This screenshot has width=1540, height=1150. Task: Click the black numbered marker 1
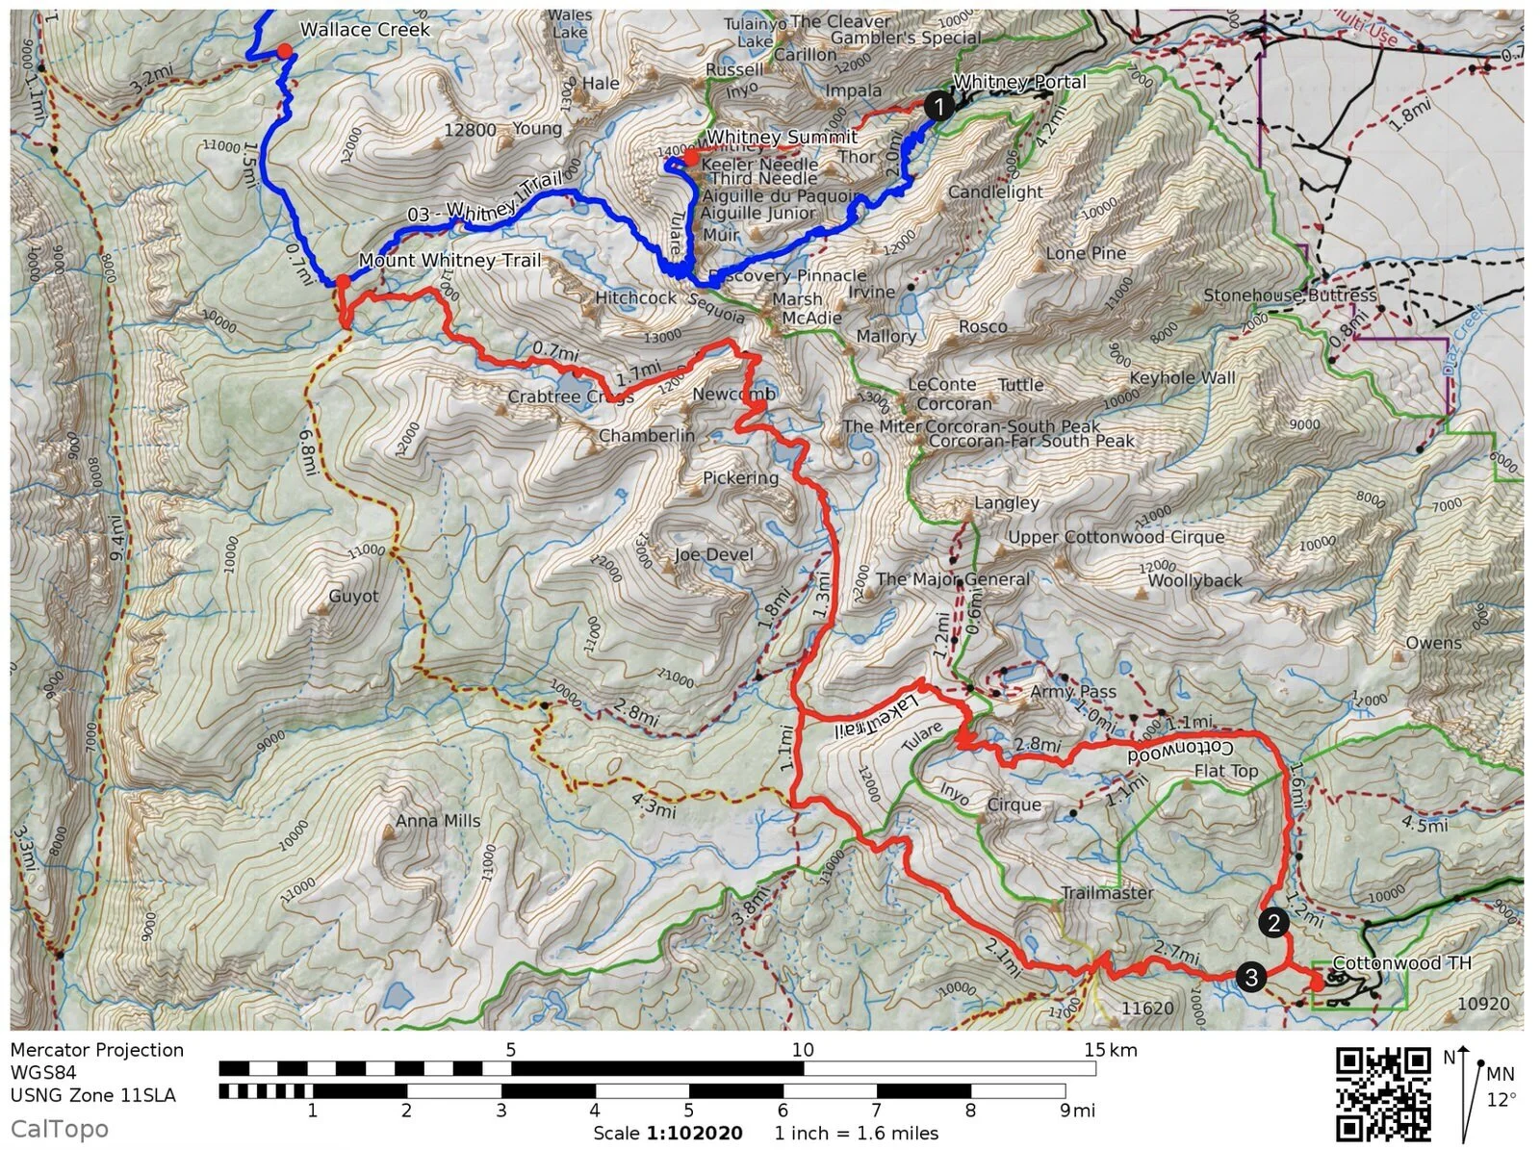coord(938,106)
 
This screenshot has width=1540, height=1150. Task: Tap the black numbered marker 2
coord(1273,923)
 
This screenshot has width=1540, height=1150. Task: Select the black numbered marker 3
coord(1250,978)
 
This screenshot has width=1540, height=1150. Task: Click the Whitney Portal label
coord(1019,82)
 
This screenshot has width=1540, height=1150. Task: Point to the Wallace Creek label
coord(365,29)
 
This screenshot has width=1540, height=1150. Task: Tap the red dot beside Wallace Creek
coord(284,50)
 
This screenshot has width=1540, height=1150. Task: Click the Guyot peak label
coord(353,597)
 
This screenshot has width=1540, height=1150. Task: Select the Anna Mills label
coord(438,821)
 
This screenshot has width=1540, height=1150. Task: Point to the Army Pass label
coord(1072,691)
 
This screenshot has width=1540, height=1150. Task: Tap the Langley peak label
coord(1007,502)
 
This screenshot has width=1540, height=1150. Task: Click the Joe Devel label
coord(713,554)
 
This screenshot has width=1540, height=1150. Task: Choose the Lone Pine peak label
coord(1086,253)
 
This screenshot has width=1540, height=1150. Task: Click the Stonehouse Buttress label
coord(1290,295)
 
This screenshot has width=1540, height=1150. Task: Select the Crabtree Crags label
coord(570,396)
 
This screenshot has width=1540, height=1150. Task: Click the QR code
coord(1382,1093)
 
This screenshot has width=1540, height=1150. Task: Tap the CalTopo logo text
coord(60,1129)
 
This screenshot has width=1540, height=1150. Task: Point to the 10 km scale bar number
coord(802,1050)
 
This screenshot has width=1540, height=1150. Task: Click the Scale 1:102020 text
coord(668,1133)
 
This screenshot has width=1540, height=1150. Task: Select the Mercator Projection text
coord(96,1050)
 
